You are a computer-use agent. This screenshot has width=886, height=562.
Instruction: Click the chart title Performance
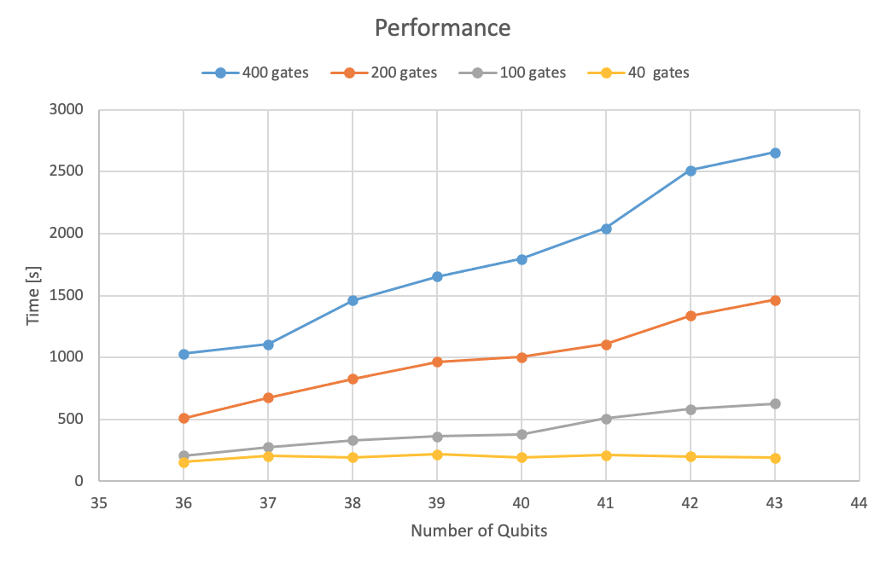tap(442, 28)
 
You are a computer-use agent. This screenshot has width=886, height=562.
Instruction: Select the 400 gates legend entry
tap(255, 72)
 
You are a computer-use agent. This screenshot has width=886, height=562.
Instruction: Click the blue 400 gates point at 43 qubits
tap(775, 153)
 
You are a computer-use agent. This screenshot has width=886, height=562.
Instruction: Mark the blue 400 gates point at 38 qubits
tap(353, 300)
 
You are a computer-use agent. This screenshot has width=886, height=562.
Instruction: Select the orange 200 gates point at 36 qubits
tap(184, 418)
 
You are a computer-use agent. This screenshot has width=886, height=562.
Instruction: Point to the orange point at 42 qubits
tap(691, 316)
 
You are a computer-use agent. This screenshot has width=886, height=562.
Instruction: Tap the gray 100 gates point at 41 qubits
tap(606, 419)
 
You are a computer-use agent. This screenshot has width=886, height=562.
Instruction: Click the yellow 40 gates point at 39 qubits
tap(437, 455)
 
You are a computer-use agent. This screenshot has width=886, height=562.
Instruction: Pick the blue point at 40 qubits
tap(522, 258)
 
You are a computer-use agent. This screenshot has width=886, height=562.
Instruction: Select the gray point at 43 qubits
tap(775, 403)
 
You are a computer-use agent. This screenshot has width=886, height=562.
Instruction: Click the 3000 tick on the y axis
tap(67, 110)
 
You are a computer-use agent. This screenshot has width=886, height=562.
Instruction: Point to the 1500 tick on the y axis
tap(67, 296)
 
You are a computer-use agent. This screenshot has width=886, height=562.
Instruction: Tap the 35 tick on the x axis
tap(99, 503)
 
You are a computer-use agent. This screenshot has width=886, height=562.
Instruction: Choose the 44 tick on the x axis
tap(859, 503)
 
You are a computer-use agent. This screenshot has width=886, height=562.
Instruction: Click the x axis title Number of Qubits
tap(479, 530)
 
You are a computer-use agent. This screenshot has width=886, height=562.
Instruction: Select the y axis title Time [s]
tap(33, 294)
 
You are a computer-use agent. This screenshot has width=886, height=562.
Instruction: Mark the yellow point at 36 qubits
tap(184, 462)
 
